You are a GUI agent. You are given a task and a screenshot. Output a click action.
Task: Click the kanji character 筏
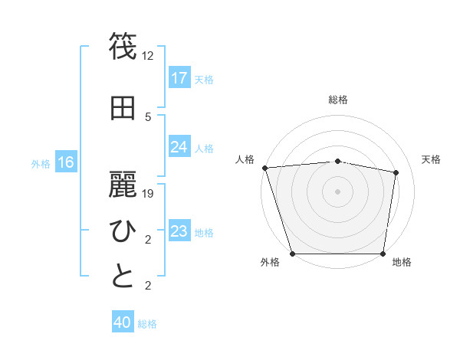[123, 47]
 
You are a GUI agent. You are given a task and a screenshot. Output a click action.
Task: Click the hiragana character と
[123, 276]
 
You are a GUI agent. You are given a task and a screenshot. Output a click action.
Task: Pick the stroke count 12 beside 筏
[148, 56]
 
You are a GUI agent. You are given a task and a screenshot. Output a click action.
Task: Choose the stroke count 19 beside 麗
[148, 194]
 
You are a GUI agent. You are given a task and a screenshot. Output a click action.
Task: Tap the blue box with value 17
[179, 78]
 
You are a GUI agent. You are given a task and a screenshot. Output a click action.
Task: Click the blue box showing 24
[179, 147]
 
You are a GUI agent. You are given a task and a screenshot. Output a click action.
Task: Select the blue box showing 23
[179, 231]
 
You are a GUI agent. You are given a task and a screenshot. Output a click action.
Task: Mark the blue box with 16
[65, 162]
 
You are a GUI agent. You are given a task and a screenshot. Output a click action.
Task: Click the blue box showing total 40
[122, 323]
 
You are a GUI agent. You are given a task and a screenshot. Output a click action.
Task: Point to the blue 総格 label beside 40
[147, 324]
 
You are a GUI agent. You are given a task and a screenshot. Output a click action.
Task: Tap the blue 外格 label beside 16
[41, 163]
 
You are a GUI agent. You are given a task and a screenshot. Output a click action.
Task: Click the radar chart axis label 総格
[338, 100]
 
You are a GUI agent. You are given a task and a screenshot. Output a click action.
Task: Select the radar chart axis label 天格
[432, 159]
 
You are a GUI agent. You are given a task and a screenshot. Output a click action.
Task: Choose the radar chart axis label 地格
[402, 263]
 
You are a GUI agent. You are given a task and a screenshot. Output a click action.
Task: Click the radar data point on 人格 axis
[264, 168]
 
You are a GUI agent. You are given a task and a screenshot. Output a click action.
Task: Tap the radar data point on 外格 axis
[293, 254]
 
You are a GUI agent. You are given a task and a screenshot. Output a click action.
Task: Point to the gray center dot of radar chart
[338, 191]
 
